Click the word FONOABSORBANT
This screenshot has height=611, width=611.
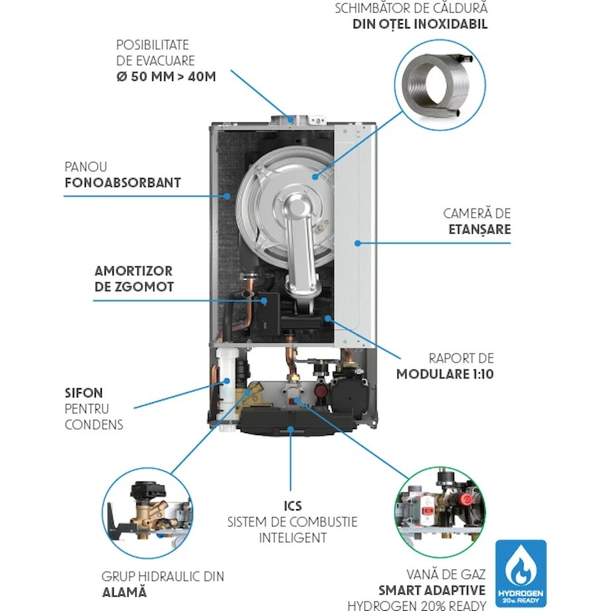coord(123,183)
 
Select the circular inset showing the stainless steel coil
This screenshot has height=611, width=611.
coord(440,85)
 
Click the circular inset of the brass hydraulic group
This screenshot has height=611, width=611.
coord(147,513)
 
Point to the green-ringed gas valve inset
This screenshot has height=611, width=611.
coord(440,512)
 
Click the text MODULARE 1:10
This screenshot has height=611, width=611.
coord(445,374)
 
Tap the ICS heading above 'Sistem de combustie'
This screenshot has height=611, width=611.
coord(293,506)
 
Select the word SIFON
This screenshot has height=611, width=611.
coord(84,393)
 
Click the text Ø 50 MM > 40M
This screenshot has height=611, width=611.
coord(166,77)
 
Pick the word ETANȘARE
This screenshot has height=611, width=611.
coord(479,229)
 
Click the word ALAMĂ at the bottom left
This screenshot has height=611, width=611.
coord(124,592)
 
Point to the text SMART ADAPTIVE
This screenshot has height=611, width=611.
coord(432,591)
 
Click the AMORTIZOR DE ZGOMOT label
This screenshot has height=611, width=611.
coord(134,279)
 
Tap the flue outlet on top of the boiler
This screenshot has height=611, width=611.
coord(291,119)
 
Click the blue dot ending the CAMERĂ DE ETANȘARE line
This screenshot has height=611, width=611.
coord(357,243)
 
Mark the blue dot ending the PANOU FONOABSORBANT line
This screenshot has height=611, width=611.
coord(227,196)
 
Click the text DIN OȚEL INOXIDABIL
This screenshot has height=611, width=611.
coord(420,24)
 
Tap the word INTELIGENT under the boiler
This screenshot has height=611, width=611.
coord(293,538)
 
